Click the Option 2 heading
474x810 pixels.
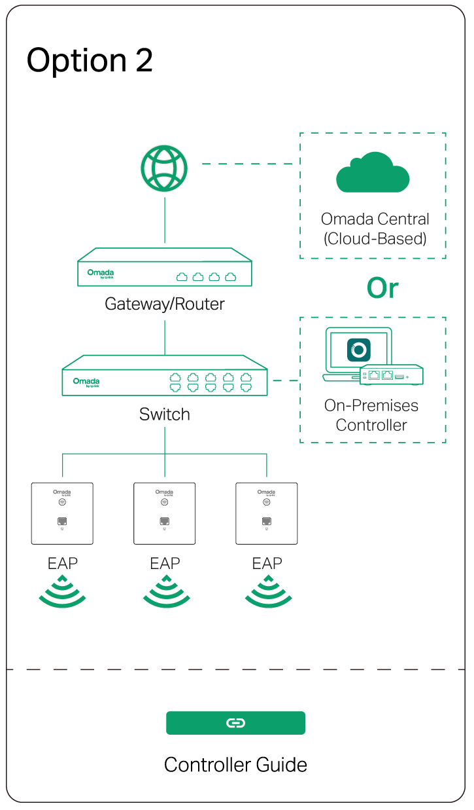pos(90,61)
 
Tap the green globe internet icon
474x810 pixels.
pos(164,168)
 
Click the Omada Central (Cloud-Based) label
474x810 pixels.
pos(375,229)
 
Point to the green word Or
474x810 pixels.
pos(382,288)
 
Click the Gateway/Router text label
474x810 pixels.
pos(165,304)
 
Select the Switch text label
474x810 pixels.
pos(165,414)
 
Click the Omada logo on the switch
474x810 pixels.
pos(86,381)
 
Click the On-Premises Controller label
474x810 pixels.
pos(371,415)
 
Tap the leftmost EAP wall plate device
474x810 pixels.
pos(62,513)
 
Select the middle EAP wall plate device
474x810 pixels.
pos(164,513)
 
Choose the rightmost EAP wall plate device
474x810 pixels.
pos(266,513)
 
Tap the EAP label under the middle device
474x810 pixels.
pos(165,563)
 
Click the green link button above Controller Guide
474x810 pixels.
pos(235,723)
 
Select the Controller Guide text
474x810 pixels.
pos(235,765)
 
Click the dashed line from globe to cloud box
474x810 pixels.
pos(247,164)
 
